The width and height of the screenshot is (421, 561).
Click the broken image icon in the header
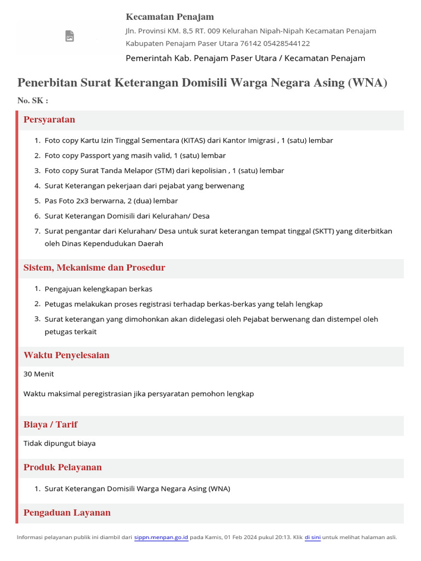70,36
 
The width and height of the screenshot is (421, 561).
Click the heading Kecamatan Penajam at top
170,17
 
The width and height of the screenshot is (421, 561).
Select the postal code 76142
251,43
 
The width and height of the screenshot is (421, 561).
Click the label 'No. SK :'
32,101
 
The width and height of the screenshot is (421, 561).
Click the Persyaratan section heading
49,120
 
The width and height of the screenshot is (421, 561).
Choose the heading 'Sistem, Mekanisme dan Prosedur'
94,268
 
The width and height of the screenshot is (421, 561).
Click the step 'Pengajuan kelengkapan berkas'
99,289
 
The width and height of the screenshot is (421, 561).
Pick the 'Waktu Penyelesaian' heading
66,356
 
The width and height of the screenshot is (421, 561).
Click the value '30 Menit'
39,374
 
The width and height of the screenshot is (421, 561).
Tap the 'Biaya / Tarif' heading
50,425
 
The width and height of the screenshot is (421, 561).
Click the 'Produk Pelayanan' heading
62,467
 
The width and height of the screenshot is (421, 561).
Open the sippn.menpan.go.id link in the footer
161,537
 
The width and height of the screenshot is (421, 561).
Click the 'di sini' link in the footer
312,537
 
